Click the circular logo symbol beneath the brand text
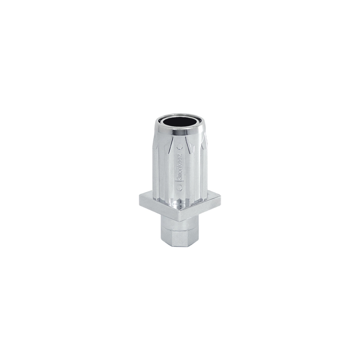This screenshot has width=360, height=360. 179,188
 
